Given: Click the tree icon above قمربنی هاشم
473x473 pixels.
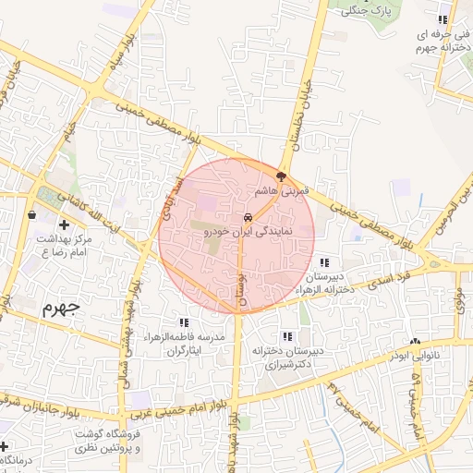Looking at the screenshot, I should [x=281, y=176].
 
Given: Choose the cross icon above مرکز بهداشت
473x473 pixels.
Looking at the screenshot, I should [x=64, y=224].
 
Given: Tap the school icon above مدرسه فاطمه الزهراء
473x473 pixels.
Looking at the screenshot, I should [x=184, y=323].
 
